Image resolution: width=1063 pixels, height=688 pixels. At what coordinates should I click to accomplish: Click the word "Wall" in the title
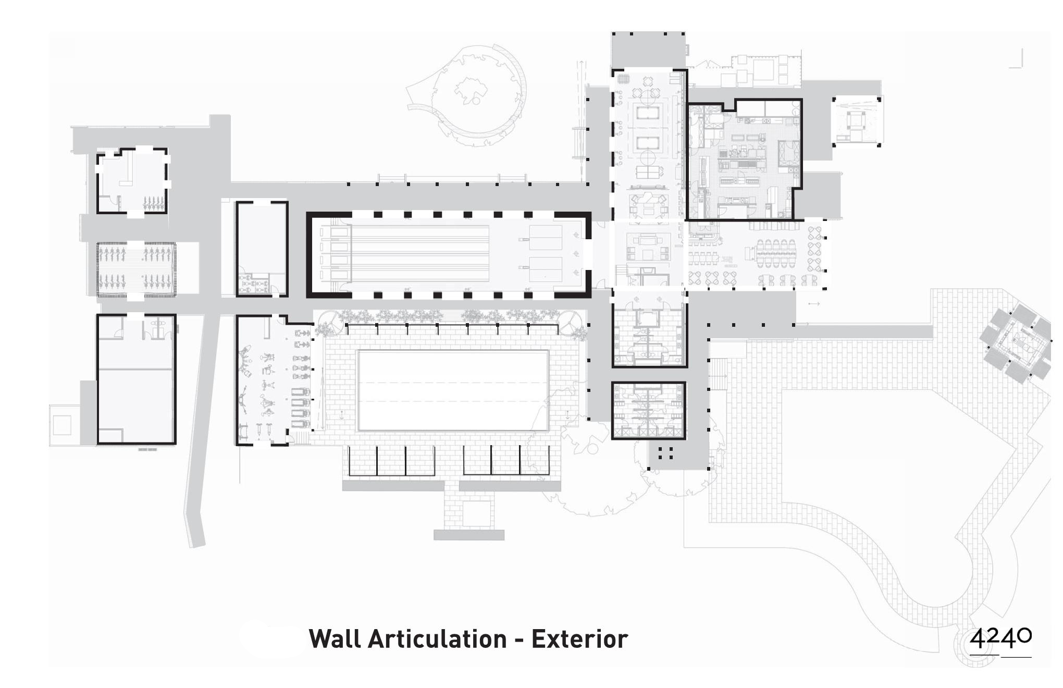[337, 639]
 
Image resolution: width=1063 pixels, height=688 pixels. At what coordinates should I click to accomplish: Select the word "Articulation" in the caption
[437, 639]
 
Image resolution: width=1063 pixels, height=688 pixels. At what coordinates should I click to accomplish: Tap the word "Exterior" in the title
[579, 639]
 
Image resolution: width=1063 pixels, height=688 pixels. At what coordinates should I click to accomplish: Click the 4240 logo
[1000, 640]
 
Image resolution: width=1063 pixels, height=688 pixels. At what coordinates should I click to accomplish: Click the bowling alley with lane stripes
[448, 254]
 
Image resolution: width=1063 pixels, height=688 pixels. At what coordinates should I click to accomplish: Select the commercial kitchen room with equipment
[744, 161]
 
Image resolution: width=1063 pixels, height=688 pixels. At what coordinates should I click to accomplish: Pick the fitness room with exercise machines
[274, 380]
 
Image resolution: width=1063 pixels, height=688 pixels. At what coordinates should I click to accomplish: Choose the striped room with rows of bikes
[137, 269]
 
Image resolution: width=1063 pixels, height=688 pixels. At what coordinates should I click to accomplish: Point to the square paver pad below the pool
[476, 513]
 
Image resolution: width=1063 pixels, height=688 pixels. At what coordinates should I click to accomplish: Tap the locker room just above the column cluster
[648, 410]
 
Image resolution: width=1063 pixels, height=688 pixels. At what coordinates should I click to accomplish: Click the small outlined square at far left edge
[61, 425]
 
